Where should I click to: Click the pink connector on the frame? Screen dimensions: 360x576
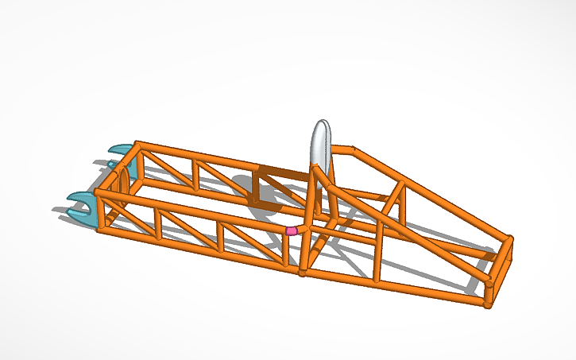click(x=292, y=230)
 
